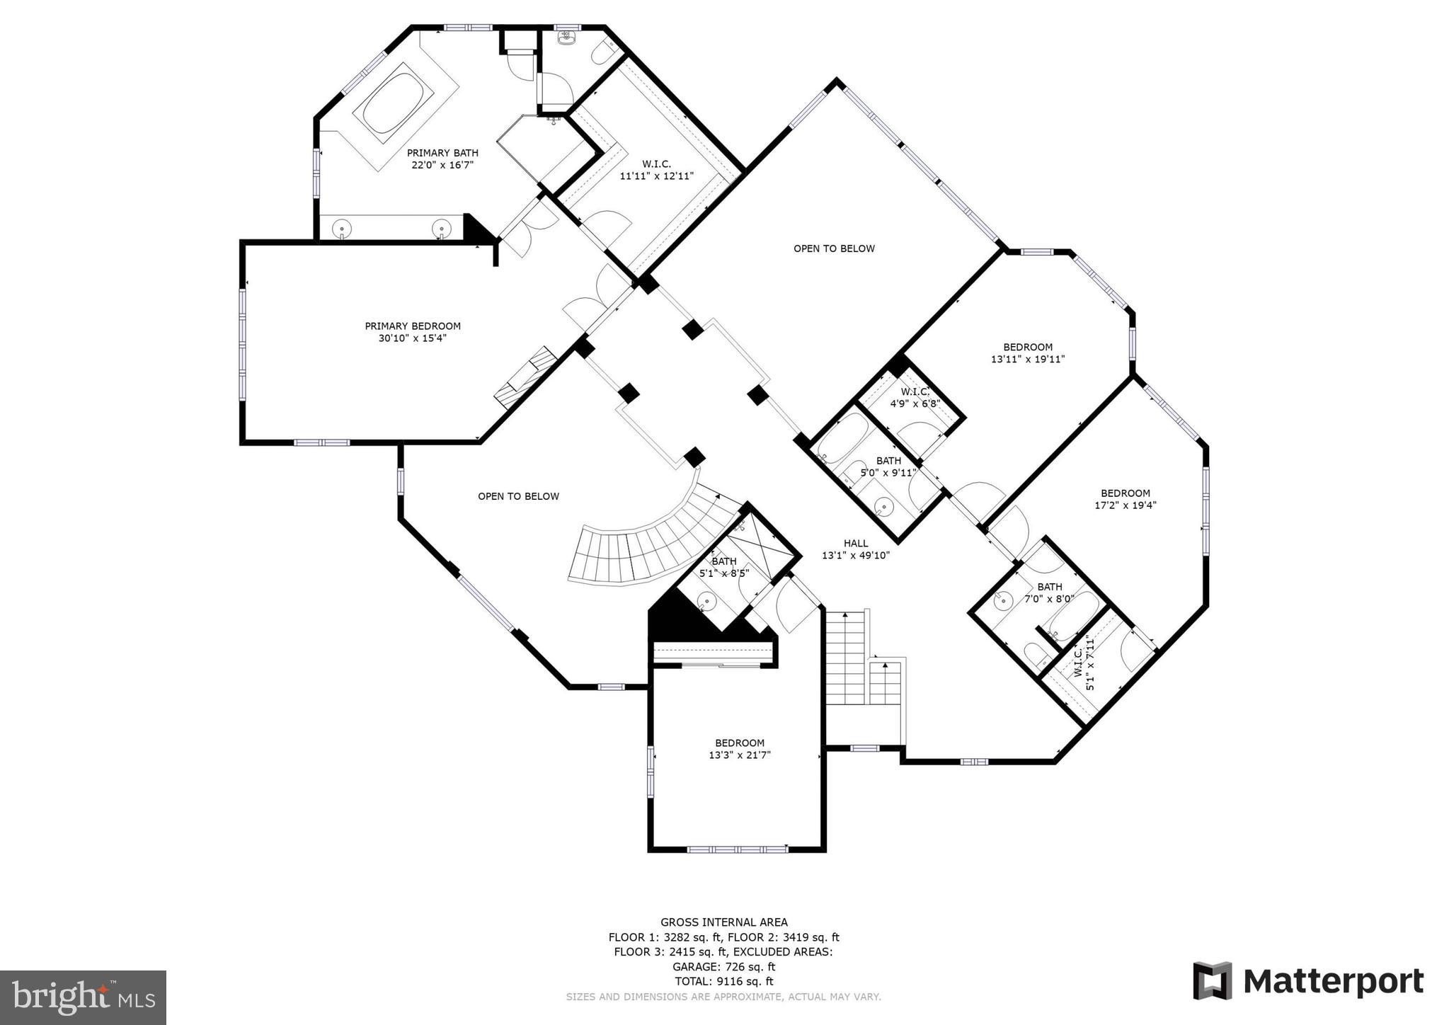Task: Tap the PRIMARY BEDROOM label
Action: point(413,326)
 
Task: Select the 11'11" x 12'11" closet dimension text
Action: point(656,176)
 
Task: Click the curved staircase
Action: point(651,545)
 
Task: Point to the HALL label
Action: point(855,544)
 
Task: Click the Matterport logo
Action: point(1308,981)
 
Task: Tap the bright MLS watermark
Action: point(83,997)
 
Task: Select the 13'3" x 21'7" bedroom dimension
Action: point(740,755)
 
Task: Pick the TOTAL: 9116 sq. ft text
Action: point(723,981)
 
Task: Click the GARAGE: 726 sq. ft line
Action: point(723,966)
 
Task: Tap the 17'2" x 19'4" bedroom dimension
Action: point(1125,505)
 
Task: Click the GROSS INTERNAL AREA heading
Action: point(723,922)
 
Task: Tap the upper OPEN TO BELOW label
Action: point(834,248)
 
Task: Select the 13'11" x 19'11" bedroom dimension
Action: point(1027,359)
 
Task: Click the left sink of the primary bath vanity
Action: point(343,229)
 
